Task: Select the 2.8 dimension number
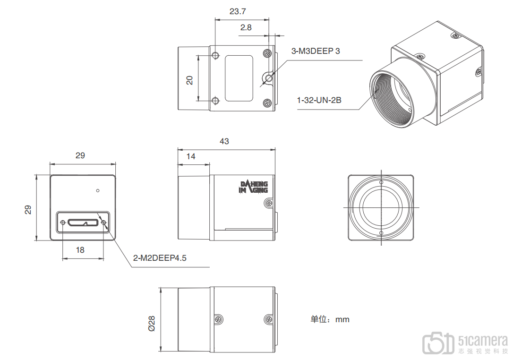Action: coord(246,27)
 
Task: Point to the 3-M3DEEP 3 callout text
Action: coord(315,51)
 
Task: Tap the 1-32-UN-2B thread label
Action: coord(319,100)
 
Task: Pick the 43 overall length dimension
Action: coord(224,141)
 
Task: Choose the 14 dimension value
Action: coord(190,156)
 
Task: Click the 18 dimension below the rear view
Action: coord(80,250)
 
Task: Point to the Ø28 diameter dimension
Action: coord(152,323)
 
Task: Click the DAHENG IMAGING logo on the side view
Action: coord(254,187)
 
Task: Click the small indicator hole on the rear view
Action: coord(97,191)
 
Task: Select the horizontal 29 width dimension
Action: coord(80,155)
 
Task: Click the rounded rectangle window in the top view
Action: coord(239,78)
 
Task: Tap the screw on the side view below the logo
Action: coord(268,203)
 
